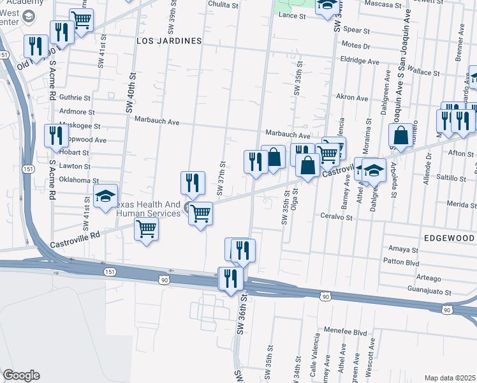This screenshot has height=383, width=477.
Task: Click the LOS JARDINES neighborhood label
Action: coord(169,40)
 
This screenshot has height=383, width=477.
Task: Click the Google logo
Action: coord(21,375)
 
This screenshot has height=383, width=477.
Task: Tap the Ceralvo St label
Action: coord(336,217)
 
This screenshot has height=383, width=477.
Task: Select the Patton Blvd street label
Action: coord(401,262)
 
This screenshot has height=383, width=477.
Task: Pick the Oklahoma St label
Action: coord(78,181)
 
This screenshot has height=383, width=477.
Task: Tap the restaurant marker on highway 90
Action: coord(230,278)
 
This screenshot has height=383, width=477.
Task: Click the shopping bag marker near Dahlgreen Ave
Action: coord(401,135)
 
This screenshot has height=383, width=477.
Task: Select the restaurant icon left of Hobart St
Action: coord(56,135)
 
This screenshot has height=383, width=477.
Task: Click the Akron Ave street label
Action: coord(352,98)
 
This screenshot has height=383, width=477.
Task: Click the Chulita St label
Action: coord(223,4)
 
